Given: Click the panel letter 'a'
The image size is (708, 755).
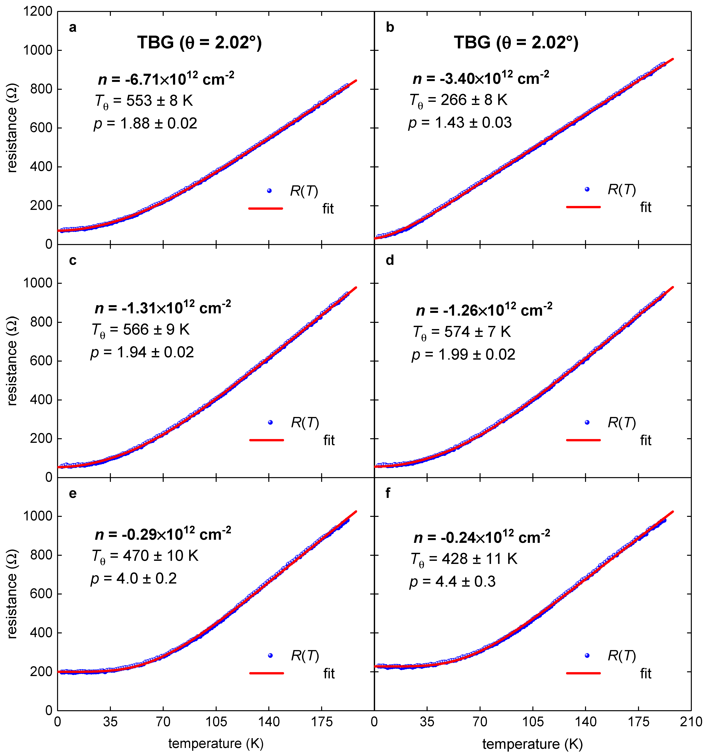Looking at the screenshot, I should pos(73,28).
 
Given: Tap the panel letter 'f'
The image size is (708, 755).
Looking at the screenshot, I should pos(388,493).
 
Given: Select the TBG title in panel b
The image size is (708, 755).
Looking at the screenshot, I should pos(516,42).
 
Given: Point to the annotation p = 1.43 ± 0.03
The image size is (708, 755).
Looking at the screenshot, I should pos(460,123).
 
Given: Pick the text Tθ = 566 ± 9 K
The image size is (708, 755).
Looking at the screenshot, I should pos(140,330).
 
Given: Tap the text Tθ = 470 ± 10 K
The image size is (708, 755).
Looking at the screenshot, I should pos(145,556).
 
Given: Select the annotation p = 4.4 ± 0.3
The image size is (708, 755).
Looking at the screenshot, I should pos(452,582).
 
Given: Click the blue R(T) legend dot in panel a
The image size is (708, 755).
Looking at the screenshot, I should pos(269,191).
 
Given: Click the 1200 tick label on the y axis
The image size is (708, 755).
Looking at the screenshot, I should pos(38,12).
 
